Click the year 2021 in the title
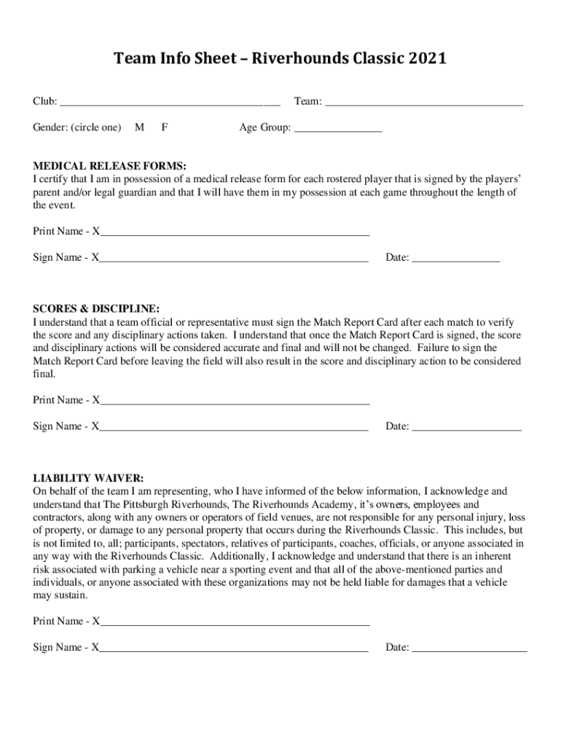[426, 58]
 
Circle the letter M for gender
[139, 127]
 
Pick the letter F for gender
[165, 127]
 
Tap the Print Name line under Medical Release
[235, 234]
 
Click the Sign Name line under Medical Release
[234, 259]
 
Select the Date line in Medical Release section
[455, 259]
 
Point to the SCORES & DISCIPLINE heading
[95, 309]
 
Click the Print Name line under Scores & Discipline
[235, 402]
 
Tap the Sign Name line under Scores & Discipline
[234, 428]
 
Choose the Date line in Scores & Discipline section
[466, 428]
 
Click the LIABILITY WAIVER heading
[88, 479]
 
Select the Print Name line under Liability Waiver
[235, 624]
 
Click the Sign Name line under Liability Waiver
[234, 649]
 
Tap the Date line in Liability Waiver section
[469, 649]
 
